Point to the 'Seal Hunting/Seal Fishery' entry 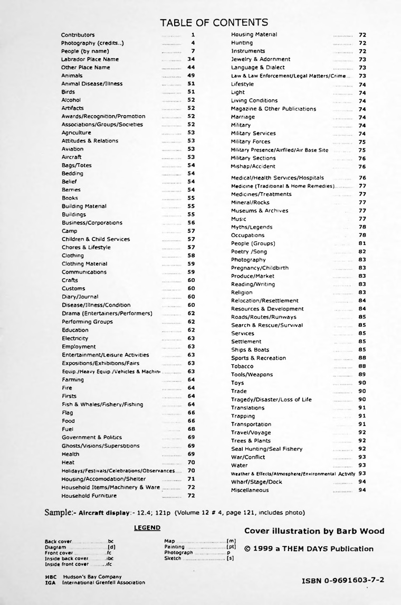(267, 449)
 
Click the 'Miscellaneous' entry (250, 490)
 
